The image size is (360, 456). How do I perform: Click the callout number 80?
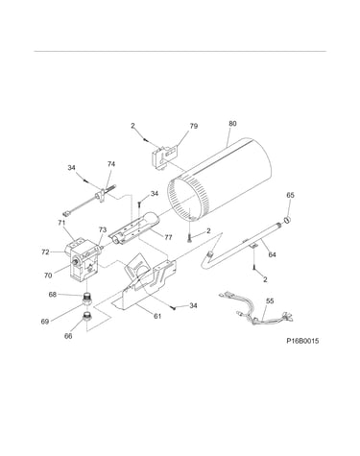(x=233, y=123)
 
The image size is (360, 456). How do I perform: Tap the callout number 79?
(x=194, y=126)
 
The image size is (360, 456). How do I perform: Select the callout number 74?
(x=111, y=164)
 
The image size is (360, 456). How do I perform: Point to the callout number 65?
(x=290, y=195)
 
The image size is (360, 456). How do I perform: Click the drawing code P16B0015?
(x=302, y=341)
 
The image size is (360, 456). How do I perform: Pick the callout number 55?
(x=270, y=300)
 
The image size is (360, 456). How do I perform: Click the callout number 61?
(x=157, y=316)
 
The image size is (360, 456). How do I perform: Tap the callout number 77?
(x=168, y=237)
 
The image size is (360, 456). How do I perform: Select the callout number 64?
(x=272, y=254)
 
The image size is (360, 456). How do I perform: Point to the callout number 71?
(x=61, y=223)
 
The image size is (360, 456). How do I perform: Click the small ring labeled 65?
(x=287, y=219)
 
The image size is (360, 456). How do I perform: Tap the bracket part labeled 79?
(x=164, y=156)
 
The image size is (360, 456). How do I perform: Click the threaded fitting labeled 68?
(x=87, y=299)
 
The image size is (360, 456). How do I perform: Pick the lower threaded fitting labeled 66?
(x=86, y=317)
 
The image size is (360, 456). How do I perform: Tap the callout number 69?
(x=45, y=322)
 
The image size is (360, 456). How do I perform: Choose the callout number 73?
(x=103, y=229)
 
